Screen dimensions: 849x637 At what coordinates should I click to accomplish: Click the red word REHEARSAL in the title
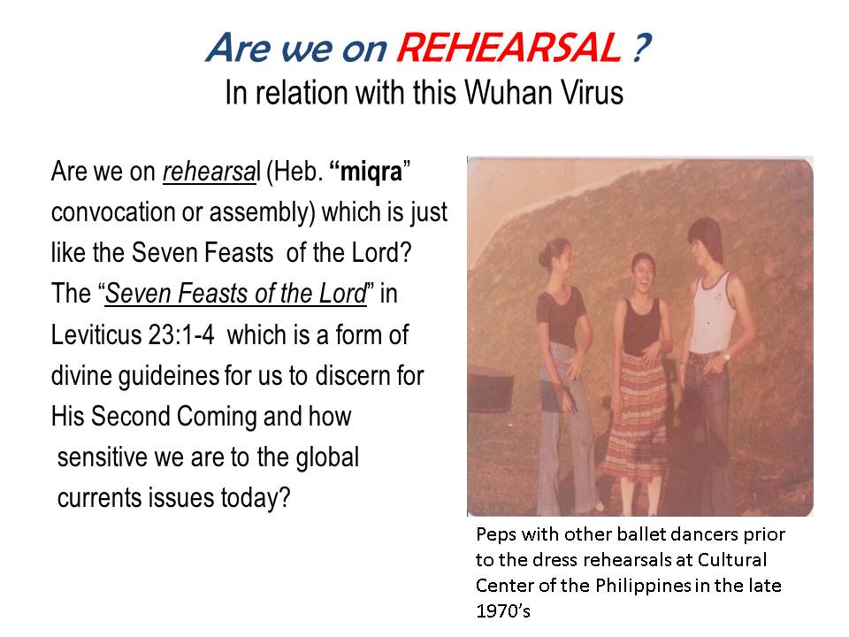tap(509, 48)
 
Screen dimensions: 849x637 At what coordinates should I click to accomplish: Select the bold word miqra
tap(371, 172)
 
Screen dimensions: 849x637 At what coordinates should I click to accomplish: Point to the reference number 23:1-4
tap(180, 334)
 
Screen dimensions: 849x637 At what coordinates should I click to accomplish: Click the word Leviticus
tap(96, 334)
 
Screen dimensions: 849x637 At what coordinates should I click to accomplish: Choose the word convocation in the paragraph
tap(113, 212)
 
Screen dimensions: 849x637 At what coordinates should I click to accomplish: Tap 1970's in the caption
tap(503, 611)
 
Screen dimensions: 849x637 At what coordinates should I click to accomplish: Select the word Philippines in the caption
tap(643, 586)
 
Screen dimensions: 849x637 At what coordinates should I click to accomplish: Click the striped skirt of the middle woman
tap(643, 418)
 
